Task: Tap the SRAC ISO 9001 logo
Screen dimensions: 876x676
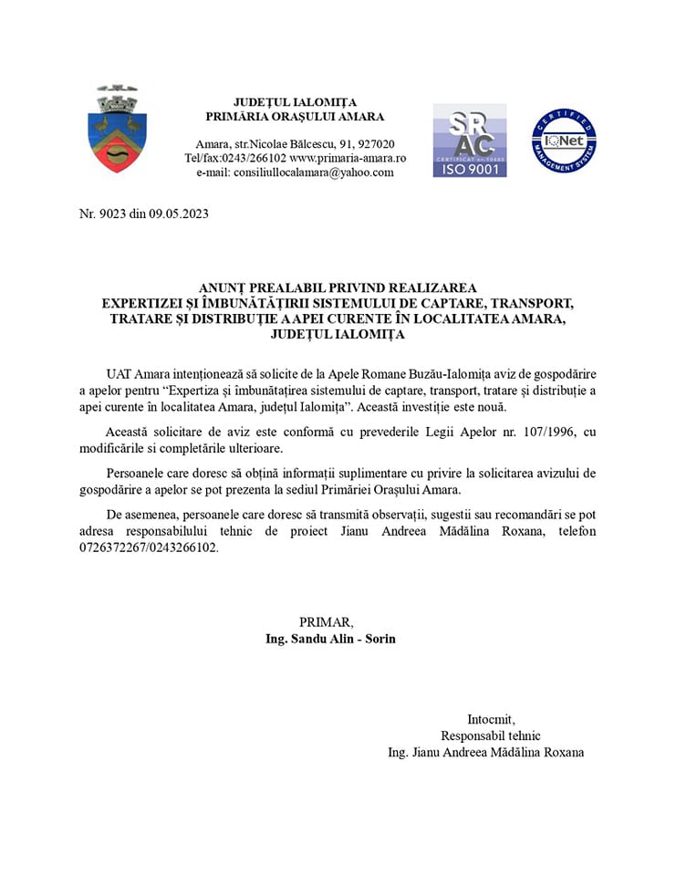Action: click(470, 140)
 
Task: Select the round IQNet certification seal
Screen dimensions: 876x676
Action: click(564, 140)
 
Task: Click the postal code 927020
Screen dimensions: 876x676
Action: click(376, 144)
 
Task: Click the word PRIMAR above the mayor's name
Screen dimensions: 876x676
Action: click(326, 622)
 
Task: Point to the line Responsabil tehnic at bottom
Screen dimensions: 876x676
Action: click(491, 735)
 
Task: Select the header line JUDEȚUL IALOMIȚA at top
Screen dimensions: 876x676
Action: click(295, 101)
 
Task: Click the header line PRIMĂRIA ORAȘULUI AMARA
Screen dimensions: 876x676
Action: click(295, 116)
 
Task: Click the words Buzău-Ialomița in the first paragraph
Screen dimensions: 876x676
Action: click(474, 374)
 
